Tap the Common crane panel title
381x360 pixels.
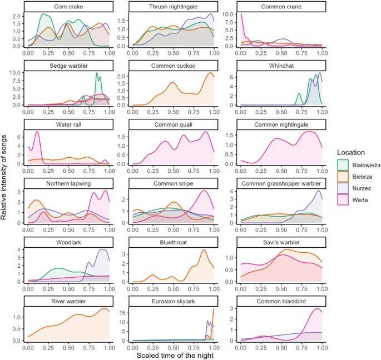pyautogui.click(x=280, y=6)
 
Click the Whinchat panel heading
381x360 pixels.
pyautogui.click(x=280, y=65)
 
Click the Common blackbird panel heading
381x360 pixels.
pyautogui.click(x=280, y=301)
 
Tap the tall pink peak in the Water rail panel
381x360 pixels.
pyautogui.click(x=37, y=132)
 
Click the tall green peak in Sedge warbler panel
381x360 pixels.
pyautogui.click(x=97, y=73)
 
